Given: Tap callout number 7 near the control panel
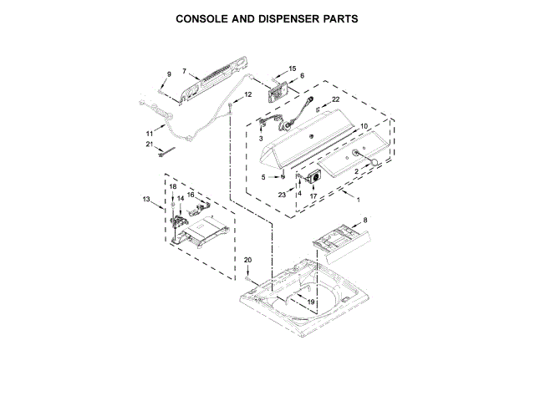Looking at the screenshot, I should [x=184, y=72].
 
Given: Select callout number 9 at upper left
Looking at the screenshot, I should [x=168, y=75].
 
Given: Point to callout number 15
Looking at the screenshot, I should [x=293, y=69].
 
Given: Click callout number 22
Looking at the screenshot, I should [x=336, y=99].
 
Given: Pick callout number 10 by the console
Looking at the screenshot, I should [x=364, y=127].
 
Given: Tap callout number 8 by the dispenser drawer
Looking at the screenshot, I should [x=364, y=221].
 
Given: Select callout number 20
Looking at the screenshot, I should [x=247, y=261].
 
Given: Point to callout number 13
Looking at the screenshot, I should [x=146, y=199].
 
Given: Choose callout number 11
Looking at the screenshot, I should [x=150, y=133].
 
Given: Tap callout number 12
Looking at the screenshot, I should [x=247, y=95].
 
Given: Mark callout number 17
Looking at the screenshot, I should [x=313, y=197].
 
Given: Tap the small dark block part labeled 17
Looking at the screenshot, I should [x=316, y=178].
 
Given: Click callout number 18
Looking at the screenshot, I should [x=173, y=186].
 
